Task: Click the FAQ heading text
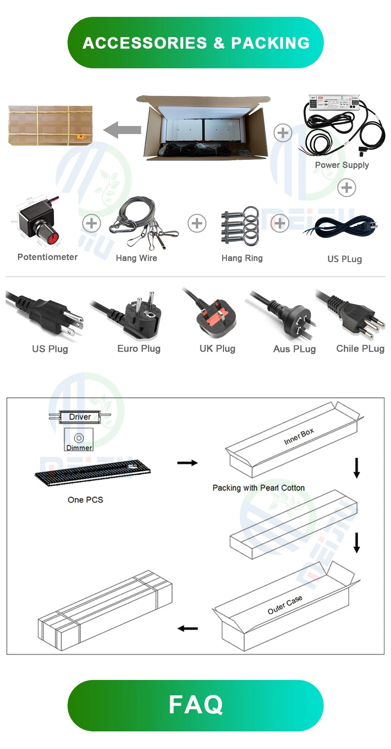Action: pyautogui.click(x=195, y=705)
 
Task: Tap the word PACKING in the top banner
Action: pyautogui.click(x=270, y=43)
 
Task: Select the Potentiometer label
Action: pyautogui.click(x=48, y=257)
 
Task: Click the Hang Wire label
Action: pyautogui.click(x=136, y=258)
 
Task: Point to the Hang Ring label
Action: pyautogui.click(x=242, y=258)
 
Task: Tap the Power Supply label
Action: pyautogui.click(x=342, y=165)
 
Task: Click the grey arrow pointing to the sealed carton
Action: pyautogui.click(x=122, y=130)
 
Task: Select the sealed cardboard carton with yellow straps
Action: pyautogui.click(x=50, y=125)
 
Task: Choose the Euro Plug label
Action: pyautogui.click(x=139, y=349)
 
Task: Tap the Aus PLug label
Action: pyautogui.click(x=295, y=349)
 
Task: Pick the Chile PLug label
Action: pyautogui.click(x=360, y=349)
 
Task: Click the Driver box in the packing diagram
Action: pyautogui.click(x=80, y=417)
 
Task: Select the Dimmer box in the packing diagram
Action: pyautogui.click(x=79, y=440)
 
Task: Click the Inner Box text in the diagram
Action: pyautogui.click(x=299, y=436)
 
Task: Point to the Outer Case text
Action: pyautogui.click(x=285, y=605)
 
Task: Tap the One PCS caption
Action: pyautogui.click(x=85, y=500)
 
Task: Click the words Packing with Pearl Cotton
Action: pyautogui.click(x=259, y=488)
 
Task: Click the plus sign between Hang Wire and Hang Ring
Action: pyautogui.click(x=197, y=223)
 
